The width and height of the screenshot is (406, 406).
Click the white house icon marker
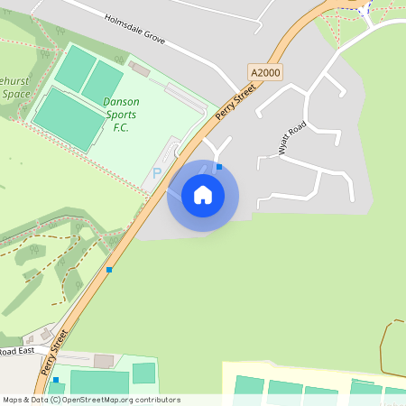[x=203, y=195]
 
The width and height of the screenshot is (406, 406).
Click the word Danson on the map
[x=121, y=102]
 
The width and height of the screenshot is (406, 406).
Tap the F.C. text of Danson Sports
[x=122, y=127]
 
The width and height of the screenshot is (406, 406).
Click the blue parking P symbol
[x=157, y=172]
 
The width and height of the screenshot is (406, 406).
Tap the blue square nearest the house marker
[x=218, y=167]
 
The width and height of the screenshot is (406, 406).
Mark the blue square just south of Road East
[x=55, y=380]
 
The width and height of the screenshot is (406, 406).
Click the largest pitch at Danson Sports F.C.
[x=69, y=117]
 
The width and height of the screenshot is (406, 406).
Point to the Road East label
[x=18, y=351]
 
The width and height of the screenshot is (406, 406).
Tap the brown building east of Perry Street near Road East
[x=105, y=361]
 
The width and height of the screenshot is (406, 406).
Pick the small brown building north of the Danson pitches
[x=139, y=69]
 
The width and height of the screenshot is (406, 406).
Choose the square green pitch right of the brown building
[x=144, y=373]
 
